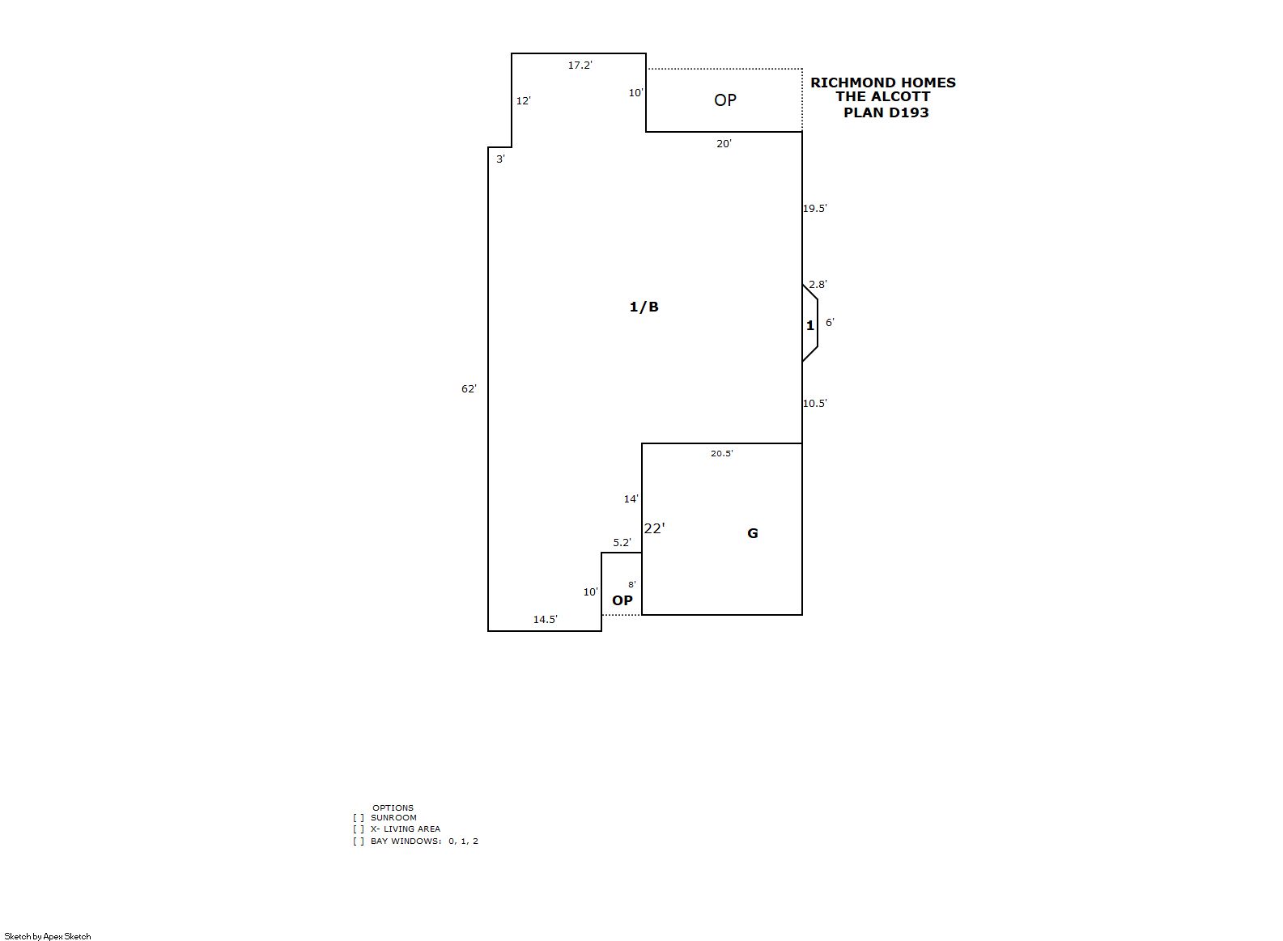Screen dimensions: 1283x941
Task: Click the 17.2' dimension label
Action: tap(580, 66)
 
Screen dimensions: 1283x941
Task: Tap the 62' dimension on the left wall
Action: tap(469, 389)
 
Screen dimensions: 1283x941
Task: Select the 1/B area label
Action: tap(644, 307)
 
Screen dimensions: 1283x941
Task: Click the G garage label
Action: tap(753, 533)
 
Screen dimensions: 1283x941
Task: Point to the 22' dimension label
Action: tap(654, 528)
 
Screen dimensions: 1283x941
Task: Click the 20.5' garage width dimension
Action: tap(722, 453)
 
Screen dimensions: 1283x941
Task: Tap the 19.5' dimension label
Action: tap(814, 209)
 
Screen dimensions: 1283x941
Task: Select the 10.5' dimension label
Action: tap(814, 404)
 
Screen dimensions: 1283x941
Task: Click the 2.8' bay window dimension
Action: tap(818, 285)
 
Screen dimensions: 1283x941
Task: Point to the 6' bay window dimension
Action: tap(830, 323)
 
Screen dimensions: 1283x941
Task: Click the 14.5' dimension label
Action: tap(546, 619)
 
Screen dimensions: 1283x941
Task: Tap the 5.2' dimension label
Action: tap(622, 543)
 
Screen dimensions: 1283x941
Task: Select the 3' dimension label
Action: tap(500, 159)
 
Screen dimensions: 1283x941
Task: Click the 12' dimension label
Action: tap(524, 101)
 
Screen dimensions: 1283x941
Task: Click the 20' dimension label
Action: tap(724, 144)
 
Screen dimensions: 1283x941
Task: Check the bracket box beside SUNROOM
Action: tap(359, 818)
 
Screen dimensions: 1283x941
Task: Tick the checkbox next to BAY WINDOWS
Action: tap(359, 841)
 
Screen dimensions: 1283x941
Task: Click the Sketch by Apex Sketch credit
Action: tap(48, 936)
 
